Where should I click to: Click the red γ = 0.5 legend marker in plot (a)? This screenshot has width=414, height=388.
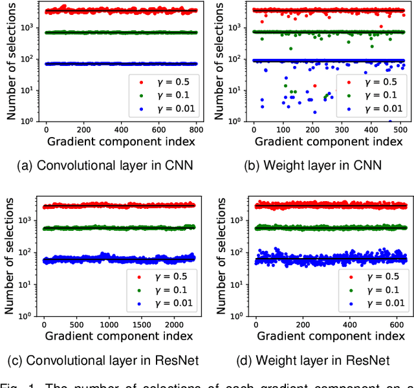click(141, 81)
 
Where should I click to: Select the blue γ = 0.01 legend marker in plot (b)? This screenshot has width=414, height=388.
click(349, 109)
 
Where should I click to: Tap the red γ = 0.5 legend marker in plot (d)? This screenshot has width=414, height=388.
click(349, 277)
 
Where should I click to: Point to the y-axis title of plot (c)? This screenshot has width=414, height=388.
click(11, 255)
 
